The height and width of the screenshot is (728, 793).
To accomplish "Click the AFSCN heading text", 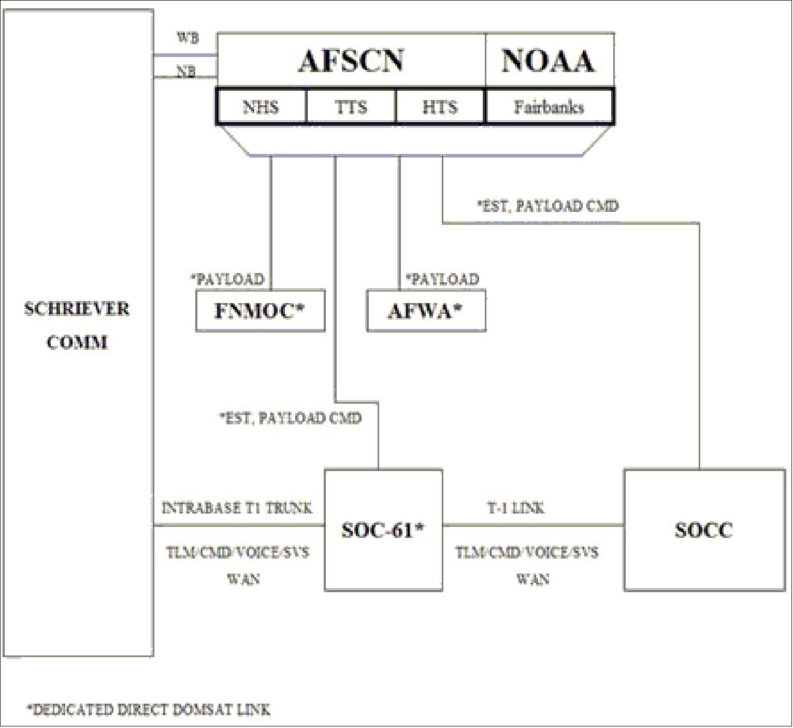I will click(x=351, y=61).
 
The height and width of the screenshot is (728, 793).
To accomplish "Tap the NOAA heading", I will click(x=548, y=61).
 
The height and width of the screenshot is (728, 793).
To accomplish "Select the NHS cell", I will click(x=261, y=107).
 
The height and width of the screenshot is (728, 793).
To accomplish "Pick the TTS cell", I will click(x=351, y=107).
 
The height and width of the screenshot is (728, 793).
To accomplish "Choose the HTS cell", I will click(x=440, y=107).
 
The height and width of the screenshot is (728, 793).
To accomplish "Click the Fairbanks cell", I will click(x=549, y=107).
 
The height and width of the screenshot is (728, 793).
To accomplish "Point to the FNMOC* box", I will click(x=260, y=311).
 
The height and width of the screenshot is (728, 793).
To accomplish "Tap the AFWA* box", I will click(x=426, y=311).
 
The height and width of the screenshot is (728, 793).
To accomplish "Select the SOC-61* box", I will click(x=383, y=530).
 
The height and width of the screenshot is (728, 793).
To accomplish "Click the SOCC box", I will click(x=704, y=530).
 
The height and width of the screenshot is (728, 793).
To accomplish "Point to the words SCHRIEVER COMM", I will click(x=77, y=325).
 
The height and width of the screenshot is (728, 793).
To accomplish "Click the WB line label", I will click(x=188, y=38).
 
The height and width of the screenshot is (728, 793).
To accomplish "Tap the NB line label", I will click(x=186, y=72).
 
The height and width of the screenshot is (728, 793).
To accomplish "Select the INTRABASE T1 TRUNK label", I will click(x=237, y=508).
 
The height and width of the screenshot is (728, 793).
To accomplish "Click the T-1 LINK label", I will click(x=516, y=508).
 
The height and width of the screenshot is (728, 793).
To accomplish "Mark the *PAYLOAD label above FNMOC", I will click(x=227, y=279).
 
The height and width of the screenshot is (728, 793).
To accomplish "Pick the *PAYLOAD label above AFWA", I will click(x=442, y=279).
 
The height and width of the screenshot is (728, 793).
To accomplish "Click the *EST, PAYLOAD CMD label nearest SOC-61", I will click(x=290, y=418).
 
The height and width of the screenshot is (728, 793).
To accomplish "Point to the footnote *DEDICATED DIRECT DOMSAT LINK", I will click(x=149, y=709).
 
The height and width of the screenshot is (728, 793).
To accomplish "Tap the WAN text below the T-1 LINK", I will click(x=532, y=579).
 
